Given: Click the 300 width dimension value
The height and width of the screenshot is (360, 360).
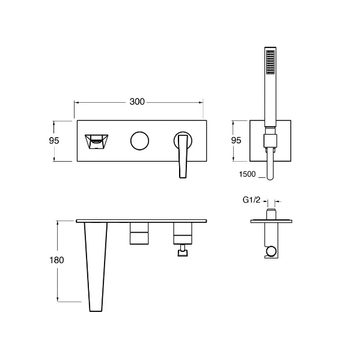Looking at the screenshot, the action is click(137, 102).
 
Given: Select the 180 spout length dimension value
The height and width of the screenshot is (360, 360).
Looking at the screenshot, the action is click(57, 260).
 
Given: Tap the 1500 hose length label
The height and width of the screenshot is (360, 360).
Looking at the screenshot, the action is click(247, 174).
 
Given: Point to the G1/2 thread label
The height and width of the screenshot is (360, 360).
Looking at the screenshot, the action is click(251, 201).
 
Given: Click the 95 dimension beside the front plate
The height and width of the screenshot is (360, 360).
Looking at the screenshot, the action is click(54, 141).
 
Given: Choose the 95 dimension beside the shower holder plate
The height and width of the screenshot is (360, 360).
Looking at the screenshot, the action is click(236, 141).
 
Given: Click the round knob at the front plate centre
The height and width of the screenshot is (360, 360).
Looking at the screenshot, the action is click(140, 141).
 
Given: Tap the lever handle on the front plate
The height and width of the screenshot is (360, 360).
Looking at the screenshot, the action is click(183, 154).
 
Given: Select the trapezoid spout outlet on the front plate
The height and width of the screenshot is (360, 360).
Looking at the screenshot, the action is click(96, 142).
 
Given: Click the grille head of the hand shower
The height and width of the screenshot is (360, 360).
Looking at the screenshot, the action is click(270, 60).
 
